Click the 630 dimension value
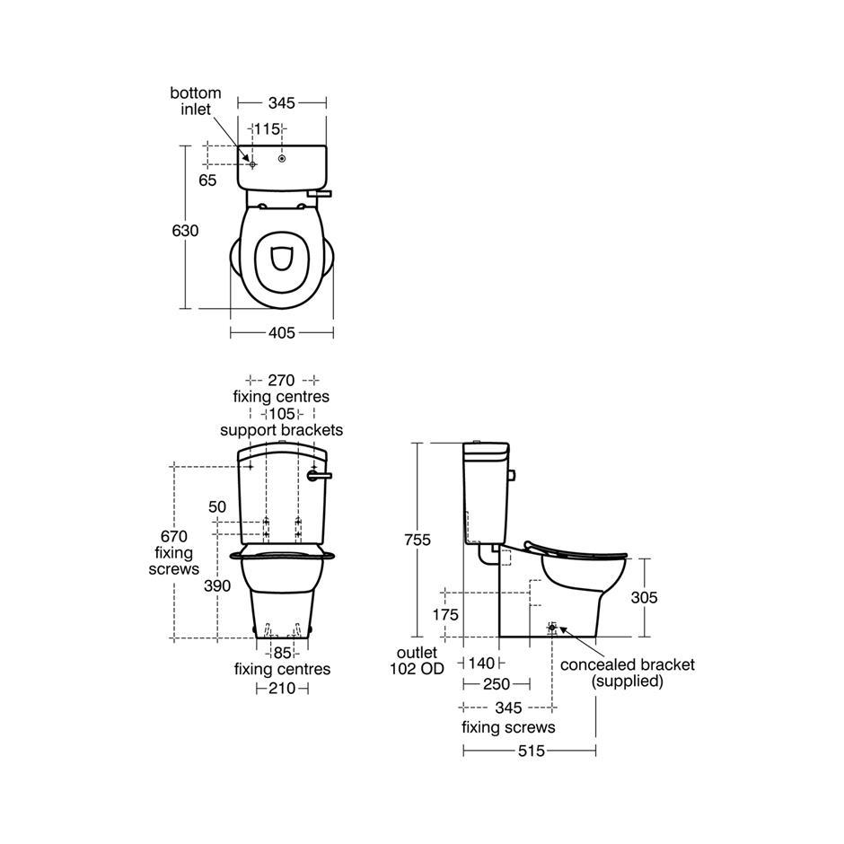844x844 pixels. point(185,231)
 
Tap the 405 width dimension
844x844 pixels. point(282,332)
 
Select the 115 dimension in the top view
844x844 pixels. point(268,129)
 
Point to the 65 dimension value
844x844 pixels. point(207,180)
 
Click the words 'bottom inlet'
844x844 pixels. point(196,101)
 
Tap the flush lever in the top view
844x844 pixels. point(320,193)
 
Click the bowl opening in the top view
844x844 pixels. point(282,259)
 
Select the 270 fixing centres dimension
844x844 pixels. point(282,380)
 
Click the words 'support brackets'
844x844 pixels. point(282,430)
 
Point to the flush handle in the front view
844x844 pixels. point(319,475)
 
